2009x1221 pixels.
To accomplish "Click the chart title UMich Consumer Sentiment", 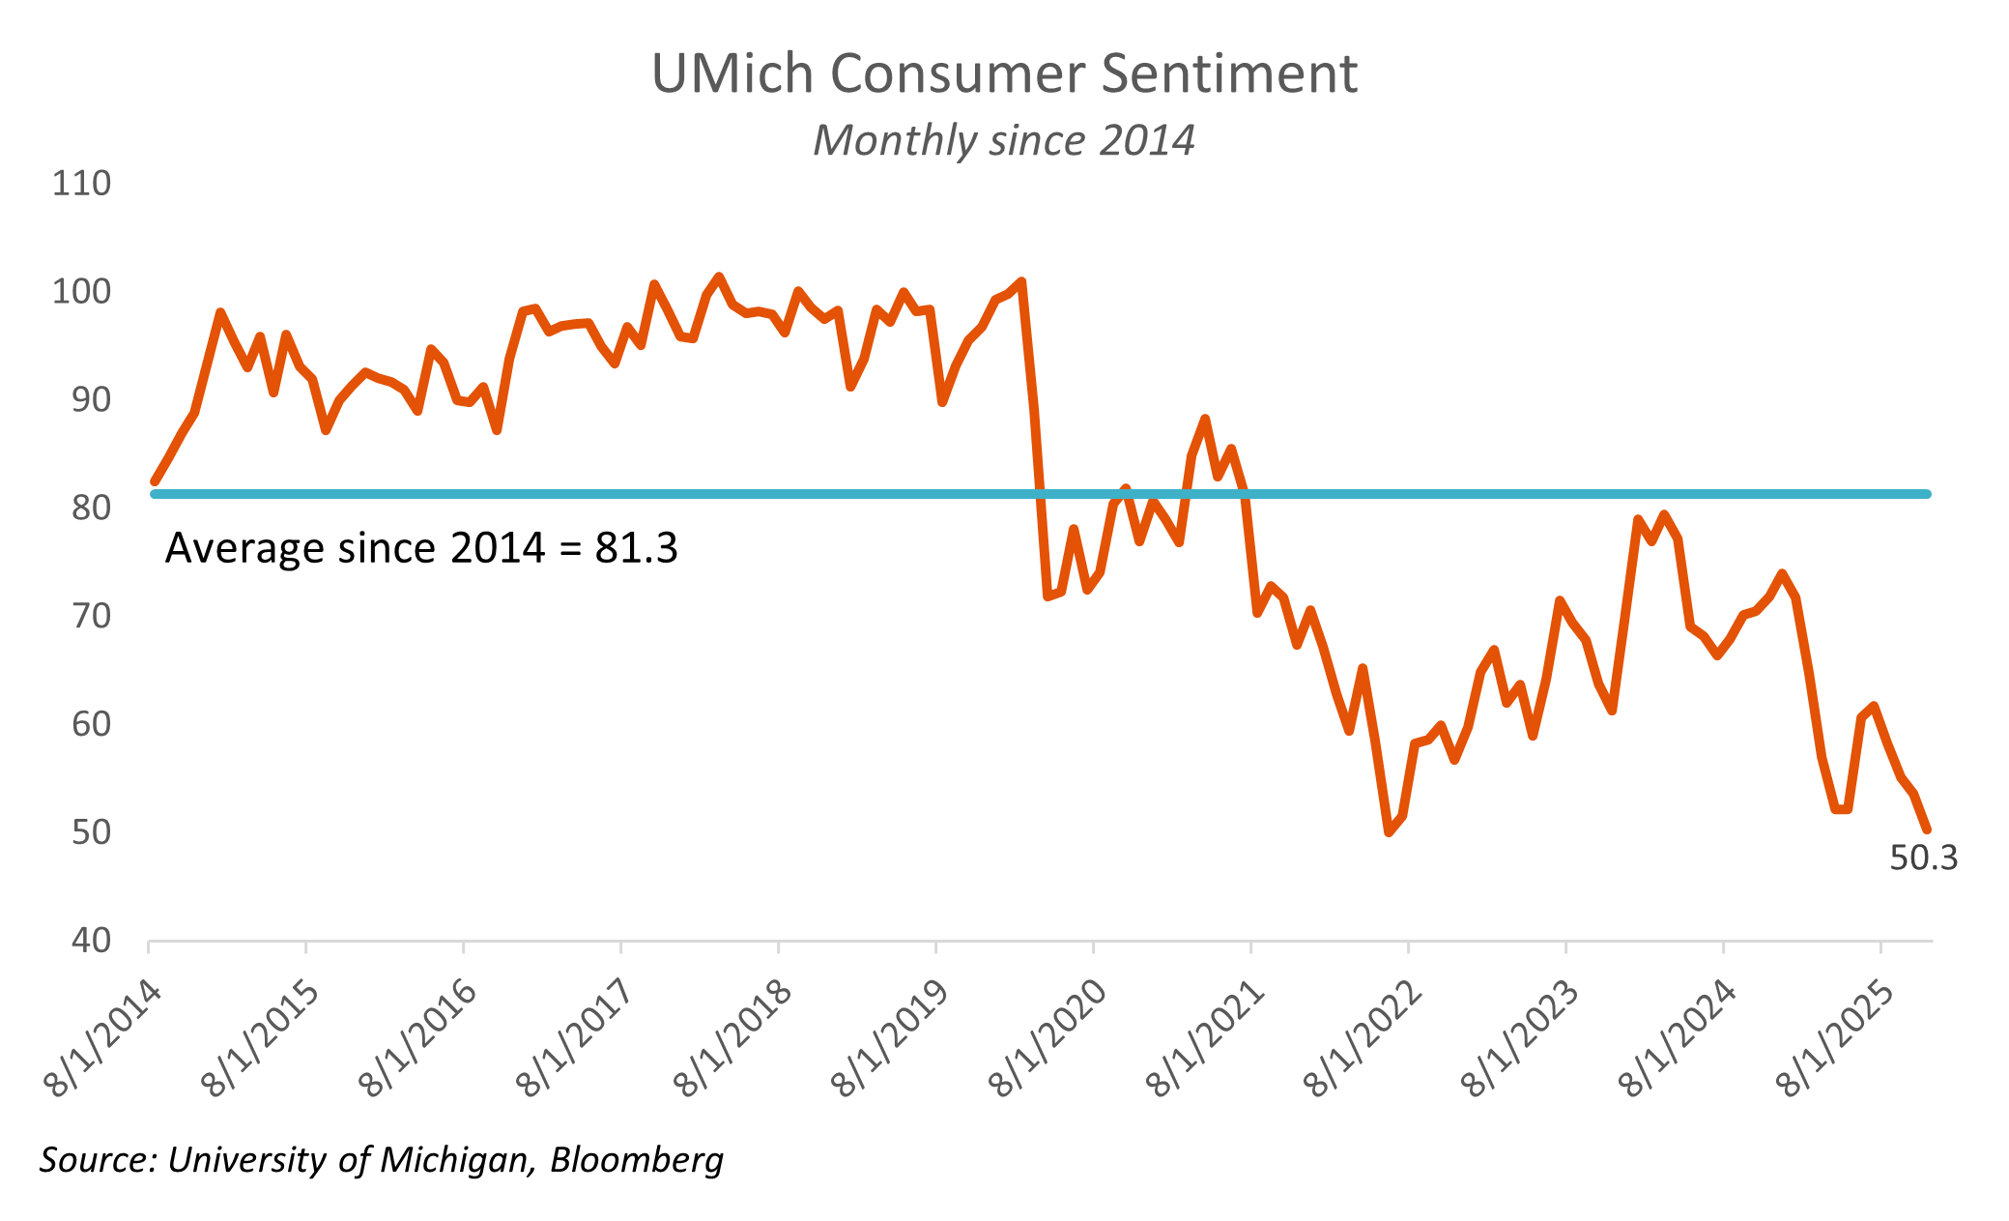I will (x=1004, y=74).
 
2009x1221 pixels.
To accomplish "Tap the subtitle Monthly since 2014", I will (x=1004, y=141).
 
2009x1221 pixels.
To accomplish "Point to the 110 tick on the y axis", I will (x=81, y=184).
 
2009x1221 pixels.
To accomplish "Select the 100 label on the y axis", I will (x=81, y=292).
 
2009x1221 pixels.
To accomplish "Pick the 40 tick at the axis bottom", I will (x=91, y=940).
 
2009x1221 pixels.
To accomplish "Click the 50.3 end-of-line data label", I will (x=1923, y=858).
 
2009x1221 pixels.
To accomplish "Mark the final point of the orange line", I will (x=1927, y=829).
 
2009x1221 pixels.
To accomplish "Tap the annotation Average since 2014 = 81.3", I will (x=421, y=548).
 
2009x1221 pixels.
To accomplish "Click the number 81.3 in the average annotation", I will (x=636, y=548).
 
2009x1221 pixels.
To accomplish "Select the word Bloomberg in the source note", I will (x=637, y=1159).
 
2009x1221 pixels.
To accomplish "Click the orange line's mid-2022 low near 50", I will (x=1389, y=832).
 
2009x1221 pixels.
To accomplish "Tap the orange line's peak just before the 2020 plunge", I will (x=1021, y=281).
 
